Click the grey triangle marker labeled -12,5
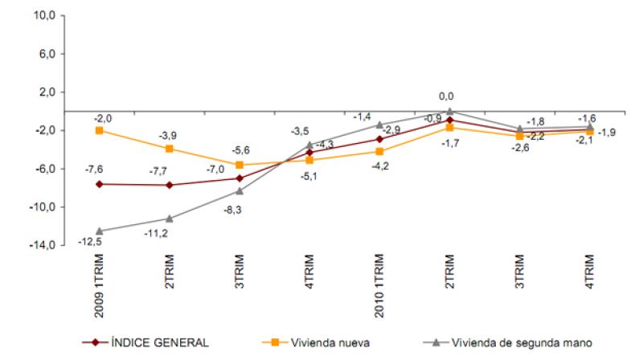[99, 231]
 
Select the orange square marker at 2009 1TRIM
[99, 130]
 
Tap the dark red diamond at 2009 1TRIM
[99, 184]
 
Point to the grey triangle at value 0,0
[449, 112]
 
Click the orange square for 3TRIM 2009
[240, 165]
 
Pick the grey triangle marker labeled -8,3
[240, 190]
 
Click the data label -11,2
[166, 233]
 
